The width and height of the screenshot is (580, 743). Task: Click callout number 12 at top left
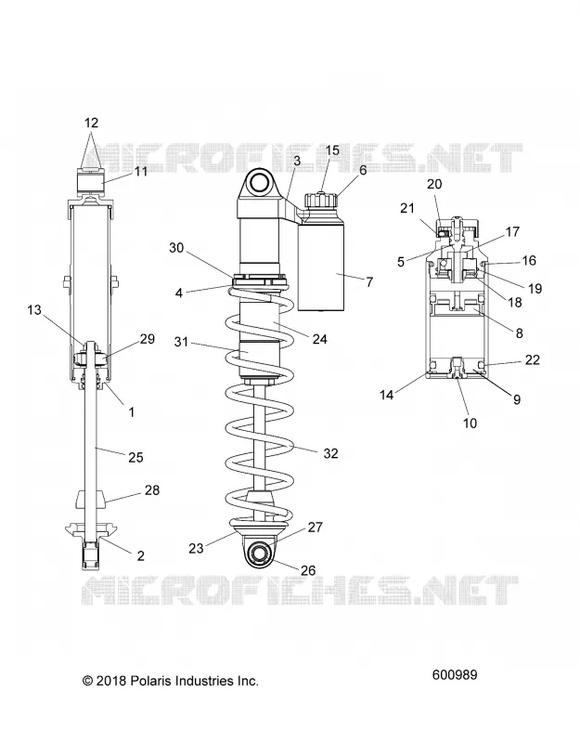pos(91,123)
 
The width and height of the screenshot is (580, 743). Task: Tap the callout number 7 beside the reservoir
pos(369,282)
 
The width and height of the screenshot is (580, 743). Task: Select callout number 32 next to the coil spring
pos(331,453)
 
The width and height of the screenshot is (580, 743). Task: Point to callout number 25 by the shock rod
pos(135,457)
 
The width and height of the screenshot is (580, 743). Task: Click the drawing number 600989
pos(455,674)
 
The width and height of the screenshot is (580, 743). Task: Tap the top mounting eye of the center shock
pos(259,182)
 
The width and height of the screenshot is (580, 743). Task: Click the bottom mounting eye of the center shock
pos(259,552)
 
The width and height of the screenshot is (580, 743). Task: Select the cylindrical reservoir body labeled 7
pos(320,264)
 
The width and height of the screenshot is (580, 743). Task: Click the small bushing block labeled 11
pos(90,181)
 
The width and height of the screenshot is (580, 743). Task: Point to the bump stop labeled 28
pos(90,501)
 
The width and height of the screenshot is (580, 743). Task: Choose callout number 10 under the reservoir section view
pos(470,423)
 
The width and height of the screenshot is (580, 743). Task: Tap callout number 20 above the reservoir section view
pos(434,184)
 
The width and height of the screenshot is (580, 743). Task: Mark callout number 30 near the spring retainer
pos(176,248)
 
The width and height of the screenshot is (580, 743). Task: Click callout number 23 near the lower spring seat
pos(196,548)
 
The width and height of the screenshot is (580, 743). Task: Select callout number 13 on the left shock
pos(34,310)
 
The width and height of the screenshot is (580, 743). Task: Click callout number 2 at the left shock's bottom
pos(141,555)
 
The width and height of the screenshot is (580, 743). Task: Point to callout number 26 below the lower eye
pos(308,570)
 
